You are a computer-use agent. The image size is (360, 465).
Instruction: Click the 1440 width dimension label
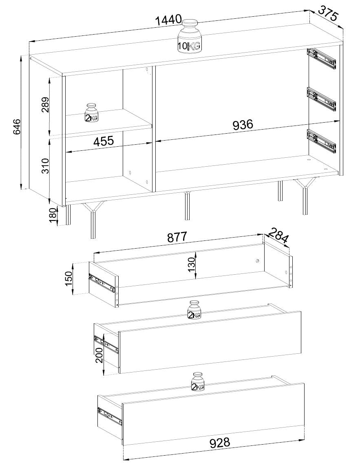pyautogui.click(x=168, y=20)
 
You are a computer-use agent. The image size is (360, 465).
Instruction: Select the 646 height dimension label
pyautogui.click(x=16, y=127)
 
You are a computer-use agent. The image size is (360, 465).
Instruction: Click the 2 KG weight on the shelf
pyautogui.click(x=91, y=113)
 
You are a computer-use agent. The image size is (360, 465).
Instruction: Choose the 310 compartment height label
pyautogui.click(x=45, y=166)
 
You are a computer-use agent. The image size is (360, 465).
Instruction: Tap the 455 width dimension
pyautogui.click(x=104, y=141)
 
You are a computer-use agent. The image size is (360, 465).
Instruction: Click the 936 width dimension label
pyautogui.click(x=243, y=125)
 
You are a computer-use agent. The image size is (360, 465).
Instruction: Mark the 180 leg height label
pyautogui.click(x=53, y=215)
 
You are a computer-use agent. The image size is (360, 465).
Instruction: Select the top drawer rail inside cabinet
pyautogui.click(x=322, y=58)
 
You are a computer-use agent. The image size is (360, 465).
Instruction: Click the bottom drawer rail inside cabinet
pyautogui.click(x=322, y=142)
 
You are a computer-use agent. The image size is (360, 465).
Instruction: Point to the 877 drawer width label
pyautogui.click(x=177, y=237)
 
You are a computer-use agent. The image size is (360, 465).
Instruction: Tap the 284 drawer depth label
pyautogui.click(x=278, y=235)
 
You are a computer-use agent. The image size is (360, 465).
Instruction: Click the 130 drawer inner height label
pyautogui.click(x=191, y=265)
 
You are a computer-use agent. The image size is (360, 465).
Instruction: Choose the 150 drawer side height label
pyautogui.click(x=69, y=279)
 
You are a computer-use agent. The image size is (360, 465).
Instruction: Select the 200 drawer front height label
pyautogui.click(x=99, y=355)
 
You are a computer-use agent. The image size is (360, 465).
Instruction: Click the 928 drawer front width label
pyautogui.click(x=220, y=443)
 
